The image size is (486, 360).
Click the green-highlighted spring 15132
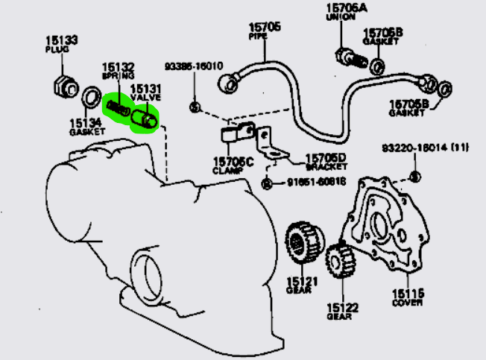coord(117,105)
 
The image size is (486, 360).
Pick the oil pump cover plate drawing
coord(391,227)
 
